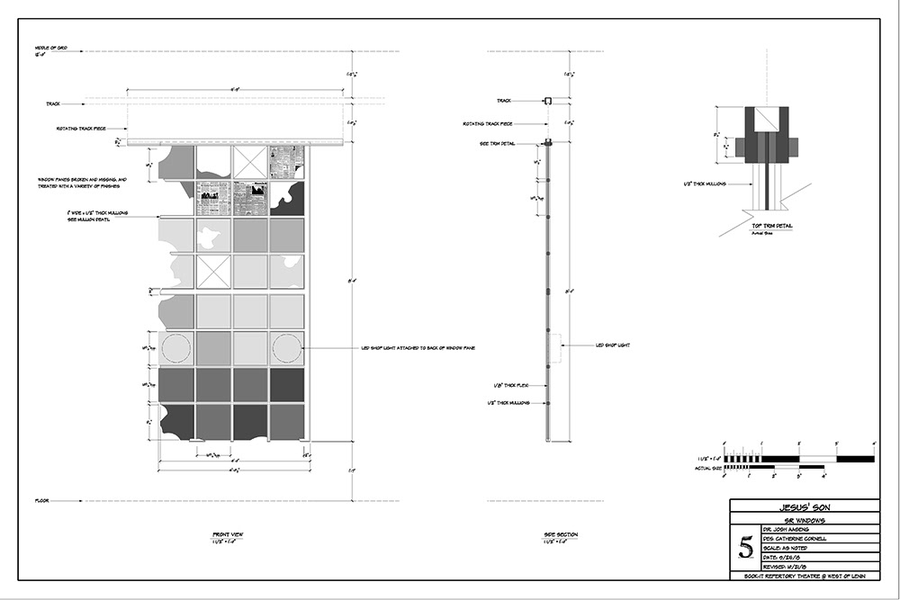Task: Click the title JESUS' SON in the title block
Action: (x=805, y=506)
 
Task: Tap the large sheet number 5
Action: (x=744, y=546)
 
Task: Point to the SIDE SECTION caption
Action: (x=561, y=535)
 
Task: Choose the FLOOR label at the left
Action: (x=41, y=500)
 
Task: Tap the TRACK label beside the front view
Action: (x=53, y=103)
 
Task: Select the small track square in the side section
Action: (x=546, y=102)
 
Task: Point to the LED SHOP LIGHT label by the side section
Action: (x=613, y=345)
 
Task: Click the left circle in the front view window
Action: (x=176, y=348)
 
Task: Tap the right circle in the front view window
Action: (x=286, y=348)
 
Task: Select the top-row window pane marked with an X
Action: (x=249, y=162)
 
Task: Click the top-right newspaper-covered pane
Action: (x=286, y=162)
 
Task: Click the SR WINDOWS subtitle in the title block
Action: (x=805, y=520)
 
